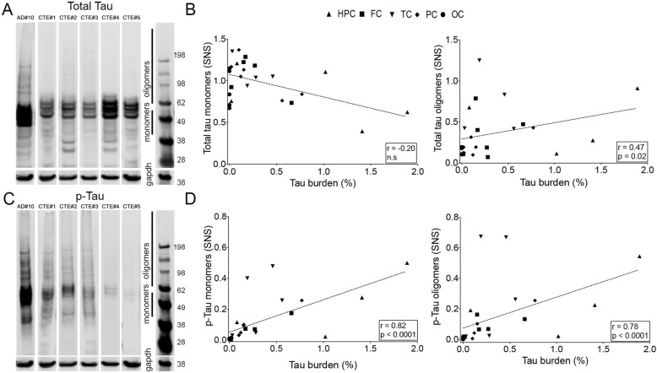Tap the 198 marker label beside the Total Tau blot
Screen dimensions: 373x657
(x=179, y=56)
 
